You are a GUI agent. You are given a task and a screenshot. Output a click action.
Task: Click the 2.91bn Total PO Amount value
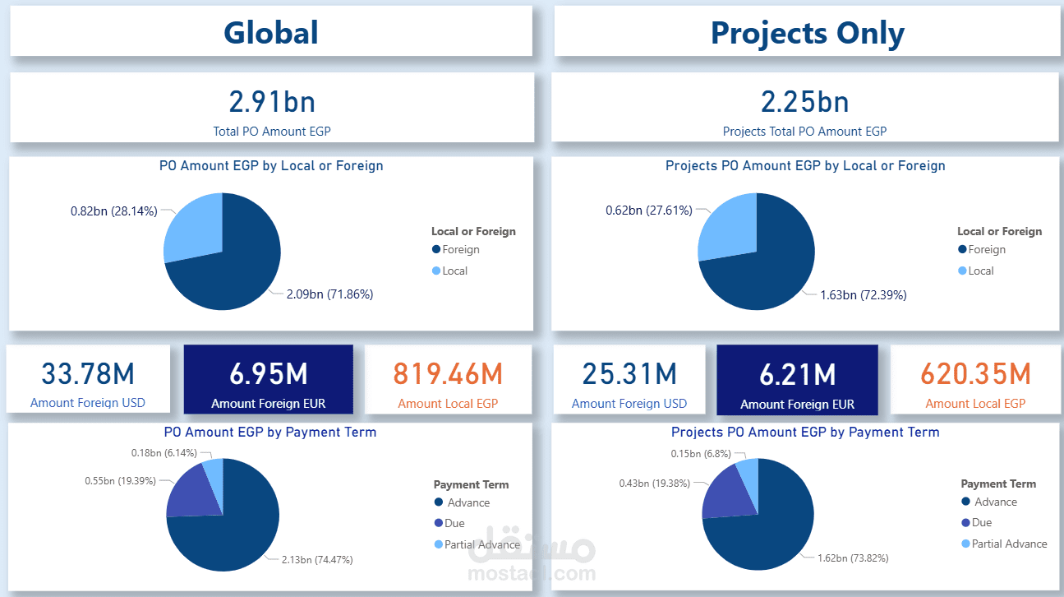click(x=271, y=102)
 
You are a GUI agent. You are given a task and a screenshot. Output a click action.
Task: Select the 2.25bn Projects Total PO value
click(x=804, y=102)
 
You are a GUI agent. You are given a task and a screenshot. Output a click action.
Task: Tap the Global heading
click(x=271, y=33)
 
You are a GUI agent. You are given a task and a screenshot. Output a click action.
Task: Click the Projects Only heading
click(x=807, y=33)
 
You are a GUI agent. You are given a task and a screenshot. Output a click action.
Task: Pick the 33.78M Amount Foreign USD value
click(x=88, y=374)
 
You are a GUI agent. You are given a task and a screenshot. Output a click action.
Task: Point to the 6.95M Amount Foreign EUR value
click(x=268, y=374)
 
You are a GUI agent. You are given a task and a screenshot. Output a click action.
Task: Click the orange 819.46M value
click(x=448, y=374)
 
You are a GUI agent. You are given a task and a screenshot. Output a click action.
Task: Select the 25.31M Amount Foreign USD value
click(x=629, y=374)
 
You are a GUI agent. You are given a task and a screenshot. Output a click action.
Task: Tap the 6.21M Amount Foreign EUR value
click(x=797, y=374)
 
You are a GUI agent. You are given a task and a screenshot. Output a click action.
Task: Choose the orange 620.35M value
click(x=975, y=374)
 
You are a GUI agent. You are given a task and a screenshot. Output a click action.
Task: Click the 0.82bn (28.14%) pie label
click(x=113, y=211)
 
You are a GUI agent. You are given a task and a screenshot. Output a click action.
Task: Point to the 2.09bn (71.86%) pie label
click(x=329, y=294)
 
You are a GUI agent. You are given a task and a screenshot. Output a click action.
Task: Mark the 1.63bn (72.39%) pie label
click(x=863, y=295)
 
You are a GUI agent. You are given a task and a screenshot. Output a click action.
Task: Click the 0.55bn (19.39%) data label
click(x=120, y=479)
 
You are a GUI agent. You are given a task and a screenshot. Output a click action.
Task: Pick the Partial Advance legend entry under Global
click(x=482, y=544)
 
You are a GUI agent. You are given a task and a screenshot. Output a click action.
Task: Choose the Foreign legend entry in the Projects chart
click(x=986, y=250)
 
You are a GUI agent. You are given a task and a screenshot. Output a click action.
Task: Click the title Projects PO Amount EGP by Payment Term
click(x=805, y=432)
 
